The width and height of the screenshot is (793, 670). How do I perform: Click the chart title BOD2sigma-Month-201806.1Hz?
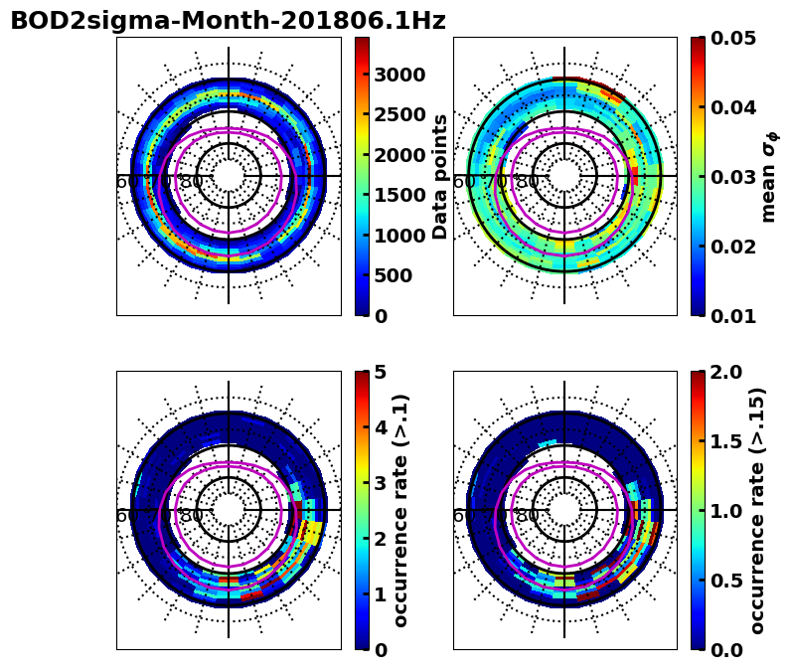228,21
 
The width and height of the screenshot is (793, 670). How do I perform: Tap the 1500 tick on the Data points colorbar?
399,195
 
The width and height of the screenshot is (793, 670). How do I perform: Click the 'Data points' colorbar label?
441,177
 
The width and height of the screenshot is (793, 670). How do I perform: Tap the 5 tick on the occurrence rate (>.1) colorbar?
380,372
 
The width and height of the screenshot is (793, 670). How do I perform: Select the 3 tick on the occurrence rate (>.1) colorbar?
380,483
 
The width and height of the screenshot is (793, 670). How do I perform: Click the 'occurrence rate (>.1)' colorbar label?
401,510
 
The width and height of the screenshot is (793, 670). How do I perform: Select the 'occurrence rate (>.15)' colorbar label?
757,510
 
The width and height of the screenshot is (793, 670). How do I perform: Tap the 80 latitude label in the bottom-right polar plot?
528,516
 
